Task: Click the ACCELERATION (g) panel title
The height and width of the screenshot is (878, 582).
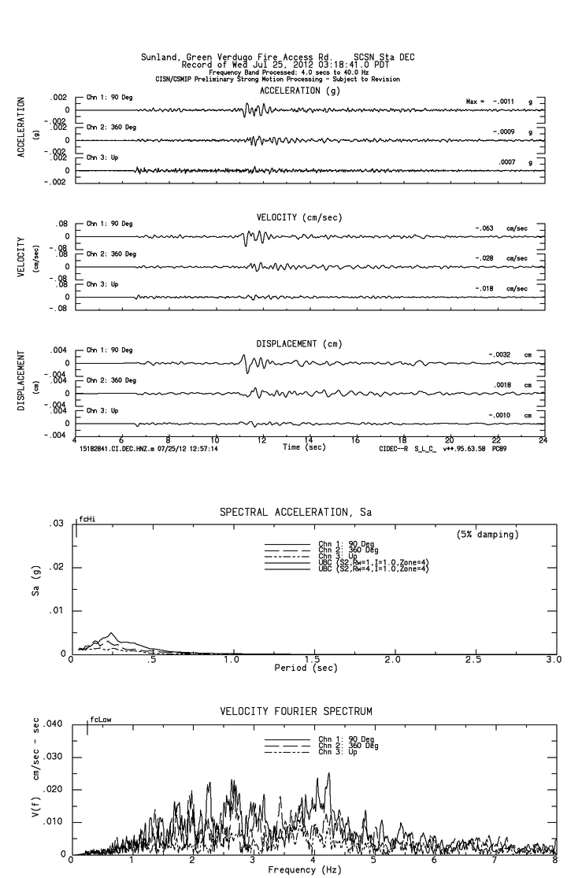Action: pos(300,91)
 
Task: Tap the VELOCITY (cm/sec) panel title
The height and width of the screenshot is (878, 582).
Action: pos(299,217)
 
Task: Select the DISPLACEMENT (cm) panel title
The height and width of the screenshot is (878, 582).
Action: pos(299,344)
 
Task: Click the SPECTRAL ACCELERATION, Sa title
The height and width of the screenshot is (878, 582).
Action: pos(295,513)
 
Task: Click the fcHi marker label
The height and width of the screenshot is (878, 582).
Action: pos(86,519)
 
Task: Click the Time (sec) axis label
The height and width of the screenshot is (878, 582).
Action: pos(305,447)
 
